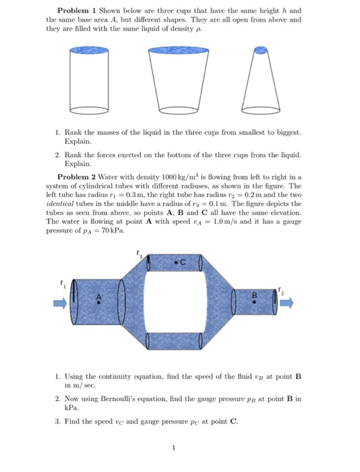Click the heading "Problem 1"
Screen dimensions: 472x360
[x=79, y=11]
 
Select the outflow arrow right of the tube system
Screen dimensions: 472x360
[x=289, y=302]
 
